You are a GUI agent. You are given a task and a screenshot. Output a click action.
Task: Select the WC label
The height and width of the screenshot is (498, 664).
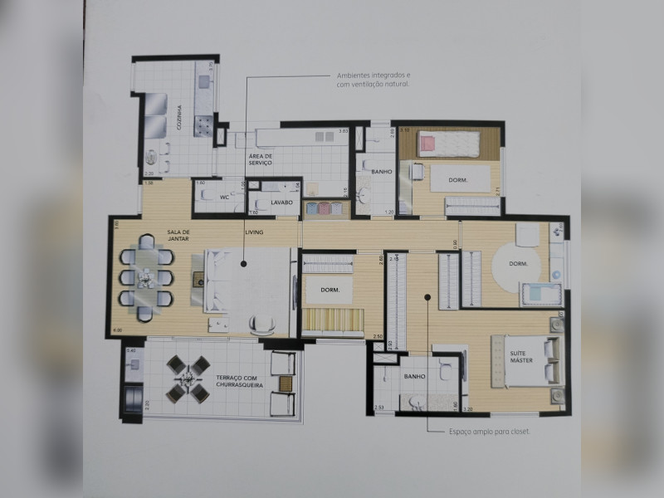click(x=223, y=198)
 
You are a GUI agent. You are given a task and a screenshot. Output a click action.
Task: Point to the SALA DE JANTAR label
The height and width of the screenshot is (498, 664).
click(x=178, y=236)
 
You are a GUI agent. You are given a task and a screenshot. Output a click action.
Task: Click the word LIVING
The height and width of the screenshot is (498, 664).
click(x=254, y=232)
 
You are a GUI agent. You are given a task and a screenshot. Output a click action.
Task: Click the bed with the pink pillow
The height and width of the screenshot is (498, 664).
click(x=448, y=144)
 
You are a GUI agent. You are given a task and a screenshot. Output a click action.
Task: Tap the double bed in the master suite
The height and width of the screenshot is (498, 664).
click(x=529, y=361)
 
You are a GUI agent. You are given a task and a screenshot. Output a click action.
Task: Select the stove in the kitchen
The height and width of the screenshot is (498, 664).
click(x=203, y=125)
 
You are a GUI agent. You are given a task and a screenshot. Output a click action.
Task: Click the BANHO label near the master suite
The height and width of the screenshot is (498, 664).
click(x=414, y=377)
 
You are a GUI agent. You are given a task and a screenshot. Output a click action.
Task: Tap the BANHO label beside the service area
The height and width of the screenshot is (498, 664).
click(x=382, y=172)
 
